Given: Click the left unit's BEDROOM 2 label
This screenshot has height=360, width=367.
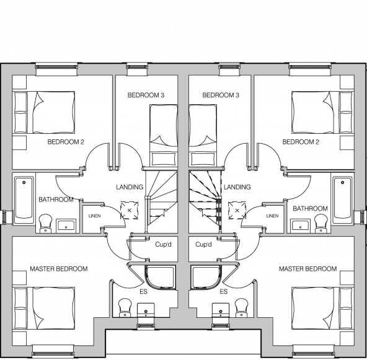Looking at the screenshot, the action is pyautogui.click(x=66, y=142).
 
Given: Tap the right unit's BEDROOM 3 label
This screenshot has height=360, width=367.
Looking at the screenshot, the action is pyautogui.click(x=221, y=95).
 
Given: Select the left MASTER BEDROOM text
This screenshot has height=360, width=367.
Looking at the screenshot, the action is pyautogui.click(x=59, y=269).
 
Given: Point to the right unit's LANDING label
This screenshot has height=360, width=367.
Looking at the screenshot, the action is pyautogui.click(x=237, y=187).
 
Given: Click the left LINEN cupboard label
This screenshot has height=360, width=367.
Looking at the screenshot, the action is pyautogui.click(x=95, y=216).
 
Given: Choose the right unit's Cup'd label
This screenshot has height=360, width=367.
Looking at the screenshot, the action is pyautogui.click(x=203, y=245).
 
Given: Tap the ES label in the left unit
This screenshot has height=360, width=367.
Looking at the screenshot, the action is pyautogui.click(x=143, y=292).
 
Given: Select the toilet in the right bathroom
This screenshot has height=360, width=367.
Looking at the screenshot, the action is pyautogui.click(x=321, y=224).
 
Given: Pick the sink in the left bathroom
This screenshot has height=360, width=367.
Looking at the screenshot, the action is pyautogui.click(x=66, y=226).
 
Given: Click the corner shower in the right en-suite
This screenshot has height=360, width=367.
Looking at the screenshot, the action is pyautogui.click(x=206, y=278).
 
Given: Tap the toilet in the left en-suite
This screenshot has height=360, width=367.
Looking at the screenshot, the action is pyautogui.click(x=125, y=307).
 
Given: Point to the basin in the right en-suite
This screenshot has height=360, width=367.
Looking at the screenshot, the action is pyautogui.click(x=221, y=310).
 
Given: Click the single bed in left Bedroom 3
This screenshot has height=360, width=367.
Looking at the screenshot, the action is pyautogui.click(x=164, y=136).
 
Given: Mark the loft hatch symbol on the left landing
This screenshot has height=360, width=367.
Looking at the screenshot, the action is pyautogui.click(x=129, y=211).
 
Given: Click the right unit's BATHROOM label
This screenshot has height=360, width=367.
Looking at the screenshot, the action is pyautogui.click(x=310, y=208).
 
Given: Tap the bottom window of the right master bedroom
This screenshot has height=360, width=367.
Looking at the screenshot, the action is pyautogui.click(x=314, y=354).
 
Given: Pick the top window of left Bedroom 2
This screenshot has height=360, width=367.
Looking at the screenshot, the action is pyautogui.click(x=56, y=67).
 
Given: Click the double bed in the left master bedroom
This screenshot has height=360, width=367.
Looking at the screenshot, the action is pyautogui.click(x=45, y=309).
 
